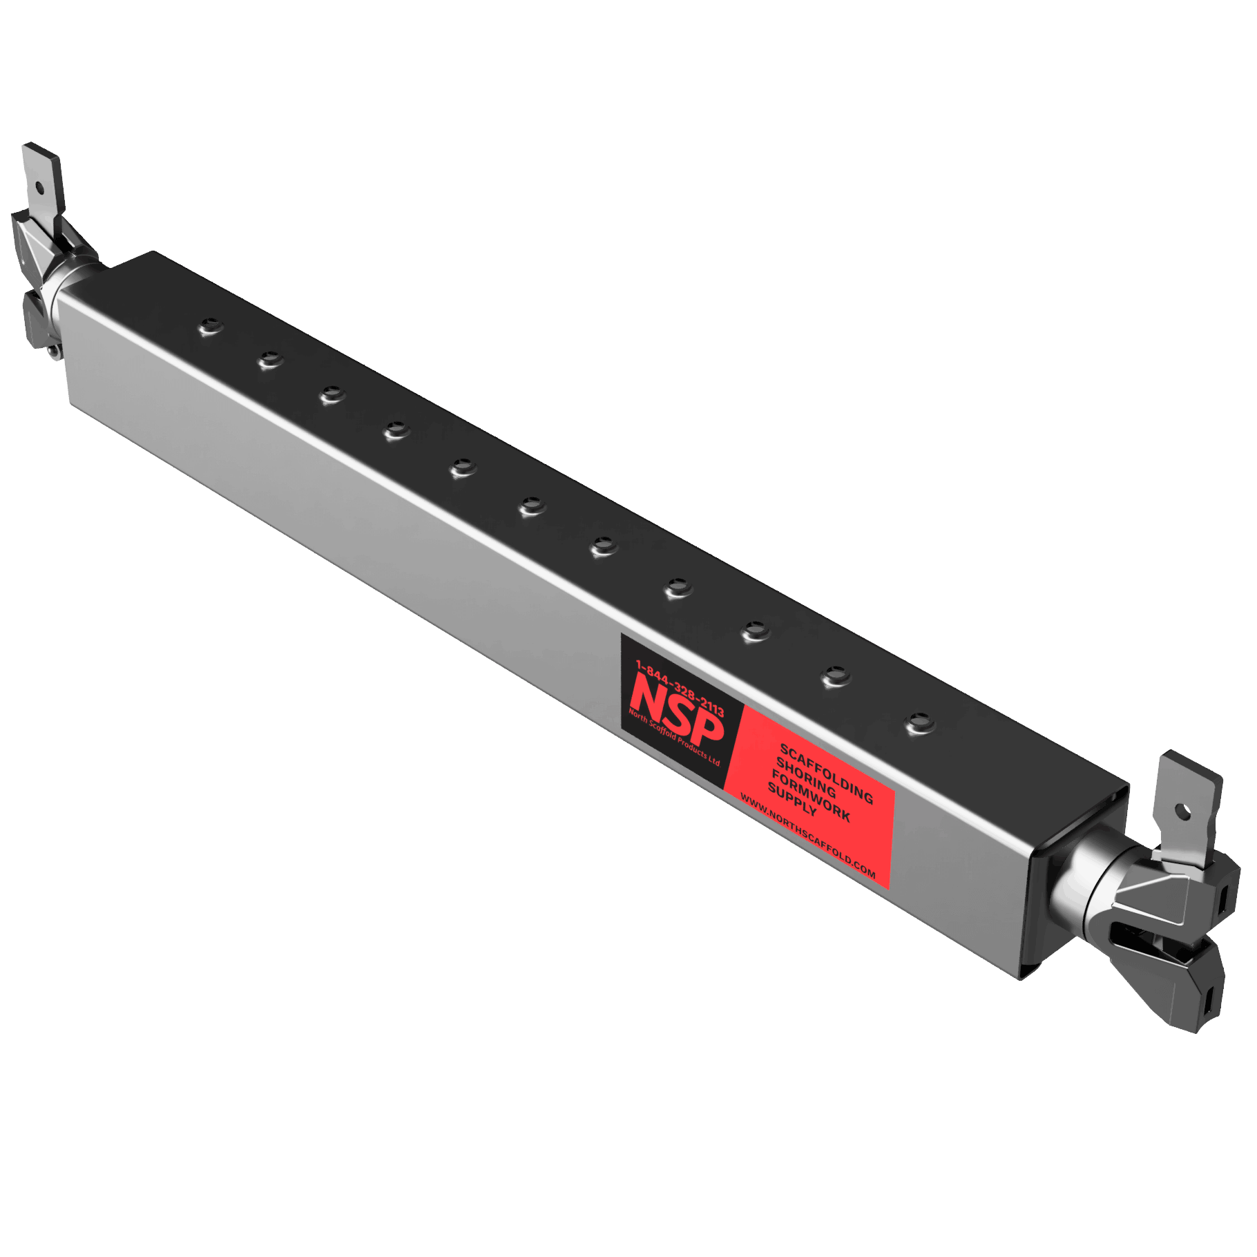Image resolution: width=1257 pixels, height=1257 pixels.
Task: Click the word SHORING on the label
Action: tap(806, 777)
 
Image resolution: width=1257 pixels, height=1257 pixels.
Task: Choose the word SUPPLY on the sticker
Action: tap(791, 799)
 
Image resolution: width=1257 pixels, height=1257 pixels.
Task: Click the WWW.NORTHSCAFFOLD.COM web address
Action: tap(807, 836)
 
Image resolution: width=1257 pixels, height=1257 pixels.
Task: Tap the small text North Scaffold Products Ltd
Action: tap(673, 737)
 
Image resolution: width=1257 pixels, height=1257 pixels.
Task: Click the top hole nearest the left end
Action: tap(211, 326)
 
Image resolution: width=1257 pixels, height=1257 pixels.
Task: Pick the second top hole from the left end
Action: tap(270, 359)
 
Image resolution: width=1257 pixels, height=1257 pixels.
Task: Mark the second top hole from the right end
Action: tap(836, 675)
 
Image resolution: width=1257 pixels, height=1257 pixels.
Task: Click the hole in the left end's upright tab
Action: tap(39, 186)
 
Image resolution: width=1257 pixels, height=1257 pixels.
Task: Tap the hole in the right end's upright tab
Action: tap(1185, 809)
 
